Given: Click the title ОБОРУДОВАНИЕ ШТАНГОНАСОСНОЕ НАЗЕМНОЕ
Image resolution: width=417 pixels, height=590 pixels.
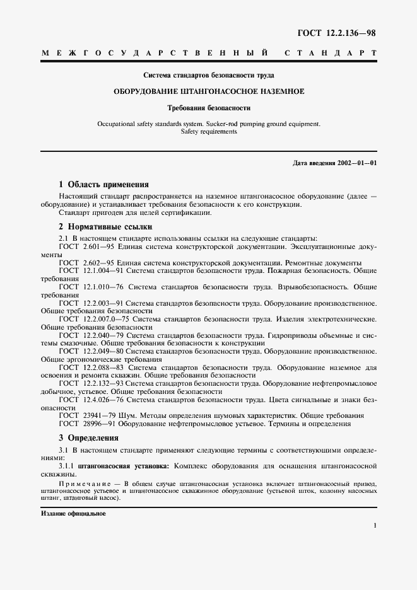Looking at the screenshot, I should [208, 91].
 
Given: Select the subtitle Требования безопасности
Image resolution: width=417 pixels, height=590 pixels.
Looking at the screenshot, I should [208, 108].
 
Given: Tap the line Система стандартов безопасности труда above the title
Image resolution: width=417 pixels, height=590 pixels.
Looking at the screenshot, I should [208, 74].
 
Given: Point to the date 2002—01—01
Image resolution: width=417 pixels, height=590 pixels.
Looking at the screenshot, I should [357, 163].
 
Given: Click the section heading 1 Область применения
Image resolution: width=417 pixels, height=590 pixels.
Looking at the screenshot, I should [103, 185].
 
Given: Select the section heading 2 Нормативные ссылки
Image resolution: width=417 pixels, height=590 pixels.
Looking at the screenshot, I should [105, 227].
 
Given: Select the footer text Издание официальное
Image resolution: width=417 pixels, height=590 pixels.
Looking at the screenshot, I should [73, 513].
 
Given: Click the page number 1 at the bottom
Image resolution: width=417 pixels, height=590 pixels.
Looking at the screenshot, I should [375, 525].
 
